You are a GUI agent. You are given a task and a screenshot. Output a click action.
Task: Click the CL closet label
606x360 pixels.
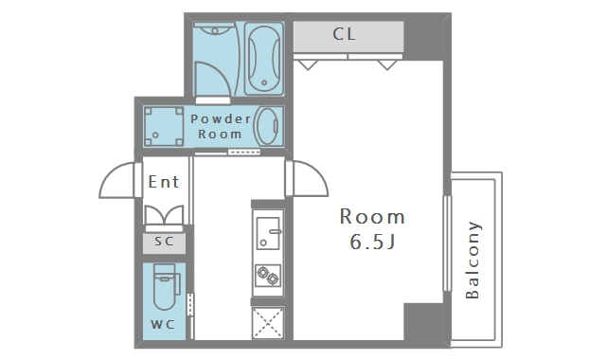[344, 34]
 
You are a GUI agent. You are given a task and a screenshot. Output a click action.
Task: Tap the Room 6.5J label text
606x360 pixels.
[372, 229]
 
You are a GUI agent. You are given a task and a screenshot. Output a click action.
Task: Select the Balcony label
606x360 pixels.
[472, 261]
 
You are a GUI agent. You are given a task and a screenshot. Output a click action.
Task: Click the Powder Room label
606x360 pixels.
[221, 126]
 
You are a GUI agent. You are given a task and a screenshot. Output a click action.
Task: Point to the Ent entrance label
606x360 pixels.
[164, 182]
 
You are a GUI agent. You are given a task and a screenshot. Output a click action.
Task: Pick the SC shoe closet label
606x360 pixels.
[164, 242]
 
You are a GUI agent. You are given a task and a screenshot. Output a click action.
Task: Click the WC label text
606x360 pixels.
[163, 324]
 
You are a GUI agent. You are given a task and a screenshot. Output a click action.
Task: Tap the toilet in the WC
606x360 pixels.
[167, 286]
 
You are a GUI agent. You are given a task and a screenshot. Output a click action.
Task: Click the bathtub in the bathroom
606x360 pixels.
[264, 58]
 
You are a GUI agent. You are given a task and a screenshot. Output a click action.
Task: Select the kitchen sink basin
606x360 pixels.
[268, 233]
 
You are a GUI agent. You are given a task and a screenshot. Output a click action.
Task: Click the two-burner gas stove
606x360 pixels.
[268, 275]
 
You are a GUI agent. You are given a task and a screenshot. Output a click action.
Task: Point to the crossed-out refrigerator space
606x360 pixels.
[268, 322]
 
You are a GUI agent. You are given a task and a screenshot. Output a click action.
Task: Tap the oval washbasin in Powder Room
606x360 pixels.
[267, 126]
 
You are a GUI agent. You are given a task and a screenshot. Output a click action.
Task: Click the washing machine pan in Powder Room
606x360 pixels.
[164, 126]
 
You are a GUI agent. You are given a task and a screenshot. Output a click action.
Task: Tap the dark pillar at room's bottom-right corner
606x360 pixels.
[423, 322]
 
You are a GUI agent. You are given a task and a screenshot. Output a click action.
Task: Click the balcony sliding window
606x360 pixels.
[447, 243]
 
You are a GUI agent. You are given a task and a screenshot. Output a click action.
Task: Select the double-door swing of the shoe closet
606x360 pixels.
[164, 216]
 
